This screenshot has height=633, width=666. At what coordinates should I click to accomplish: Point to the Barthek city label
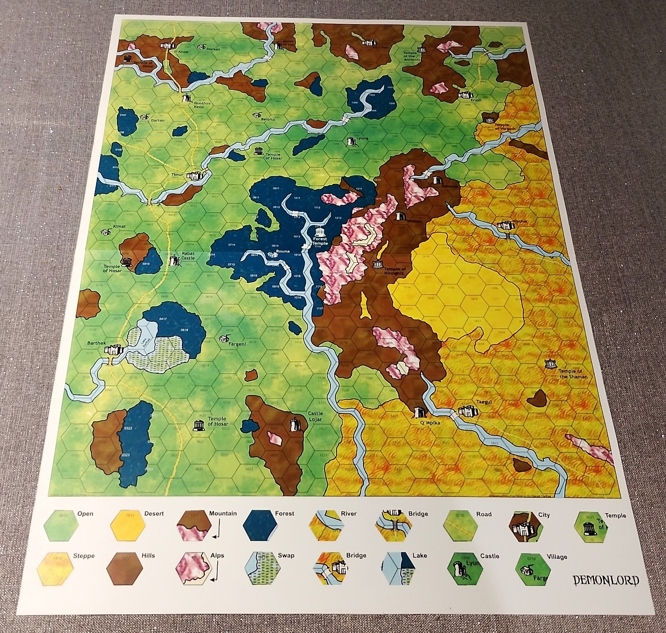[97, 343]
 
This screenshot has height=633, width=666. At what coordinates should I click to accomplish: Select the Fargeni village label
[237, 344]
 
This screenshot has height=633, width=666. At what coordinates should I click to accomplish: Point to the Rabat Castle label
[188, 256]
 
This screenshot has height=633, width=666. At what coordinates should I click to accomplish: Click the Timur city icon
[194, 176]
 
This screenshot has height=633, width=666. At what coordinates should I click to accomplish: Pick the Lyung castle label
[362, 139]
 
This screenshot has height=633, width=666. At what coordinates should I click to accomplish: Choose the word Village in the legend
[557, 557]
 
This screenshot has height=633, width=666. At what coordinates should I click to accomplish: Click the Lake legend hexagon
[398, 568]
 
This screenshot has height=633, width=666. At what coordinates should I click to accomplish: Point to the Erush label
[476, 100]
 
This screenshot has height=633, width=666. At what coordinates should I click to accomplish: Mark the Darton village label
[157, 120]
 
